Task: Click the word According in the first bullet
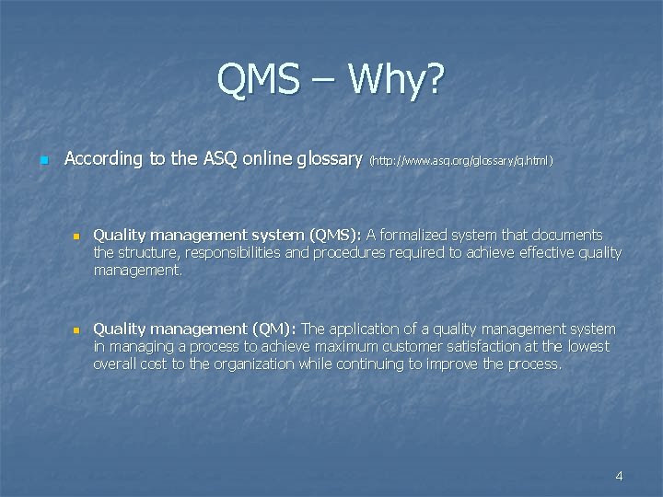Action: coord(104,158)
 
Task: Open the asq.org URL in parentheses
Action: coord(460,160)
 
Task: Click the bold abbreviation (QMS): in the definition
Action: coord(336,236)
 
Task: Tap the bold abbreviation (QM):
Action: coord(274,329)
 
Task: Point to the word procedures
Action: coord(352,253)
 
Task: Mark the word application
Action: coord(367,329)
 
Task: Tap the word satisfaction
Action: coord(505,347)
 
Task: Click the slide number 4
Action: coord(619,476)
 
